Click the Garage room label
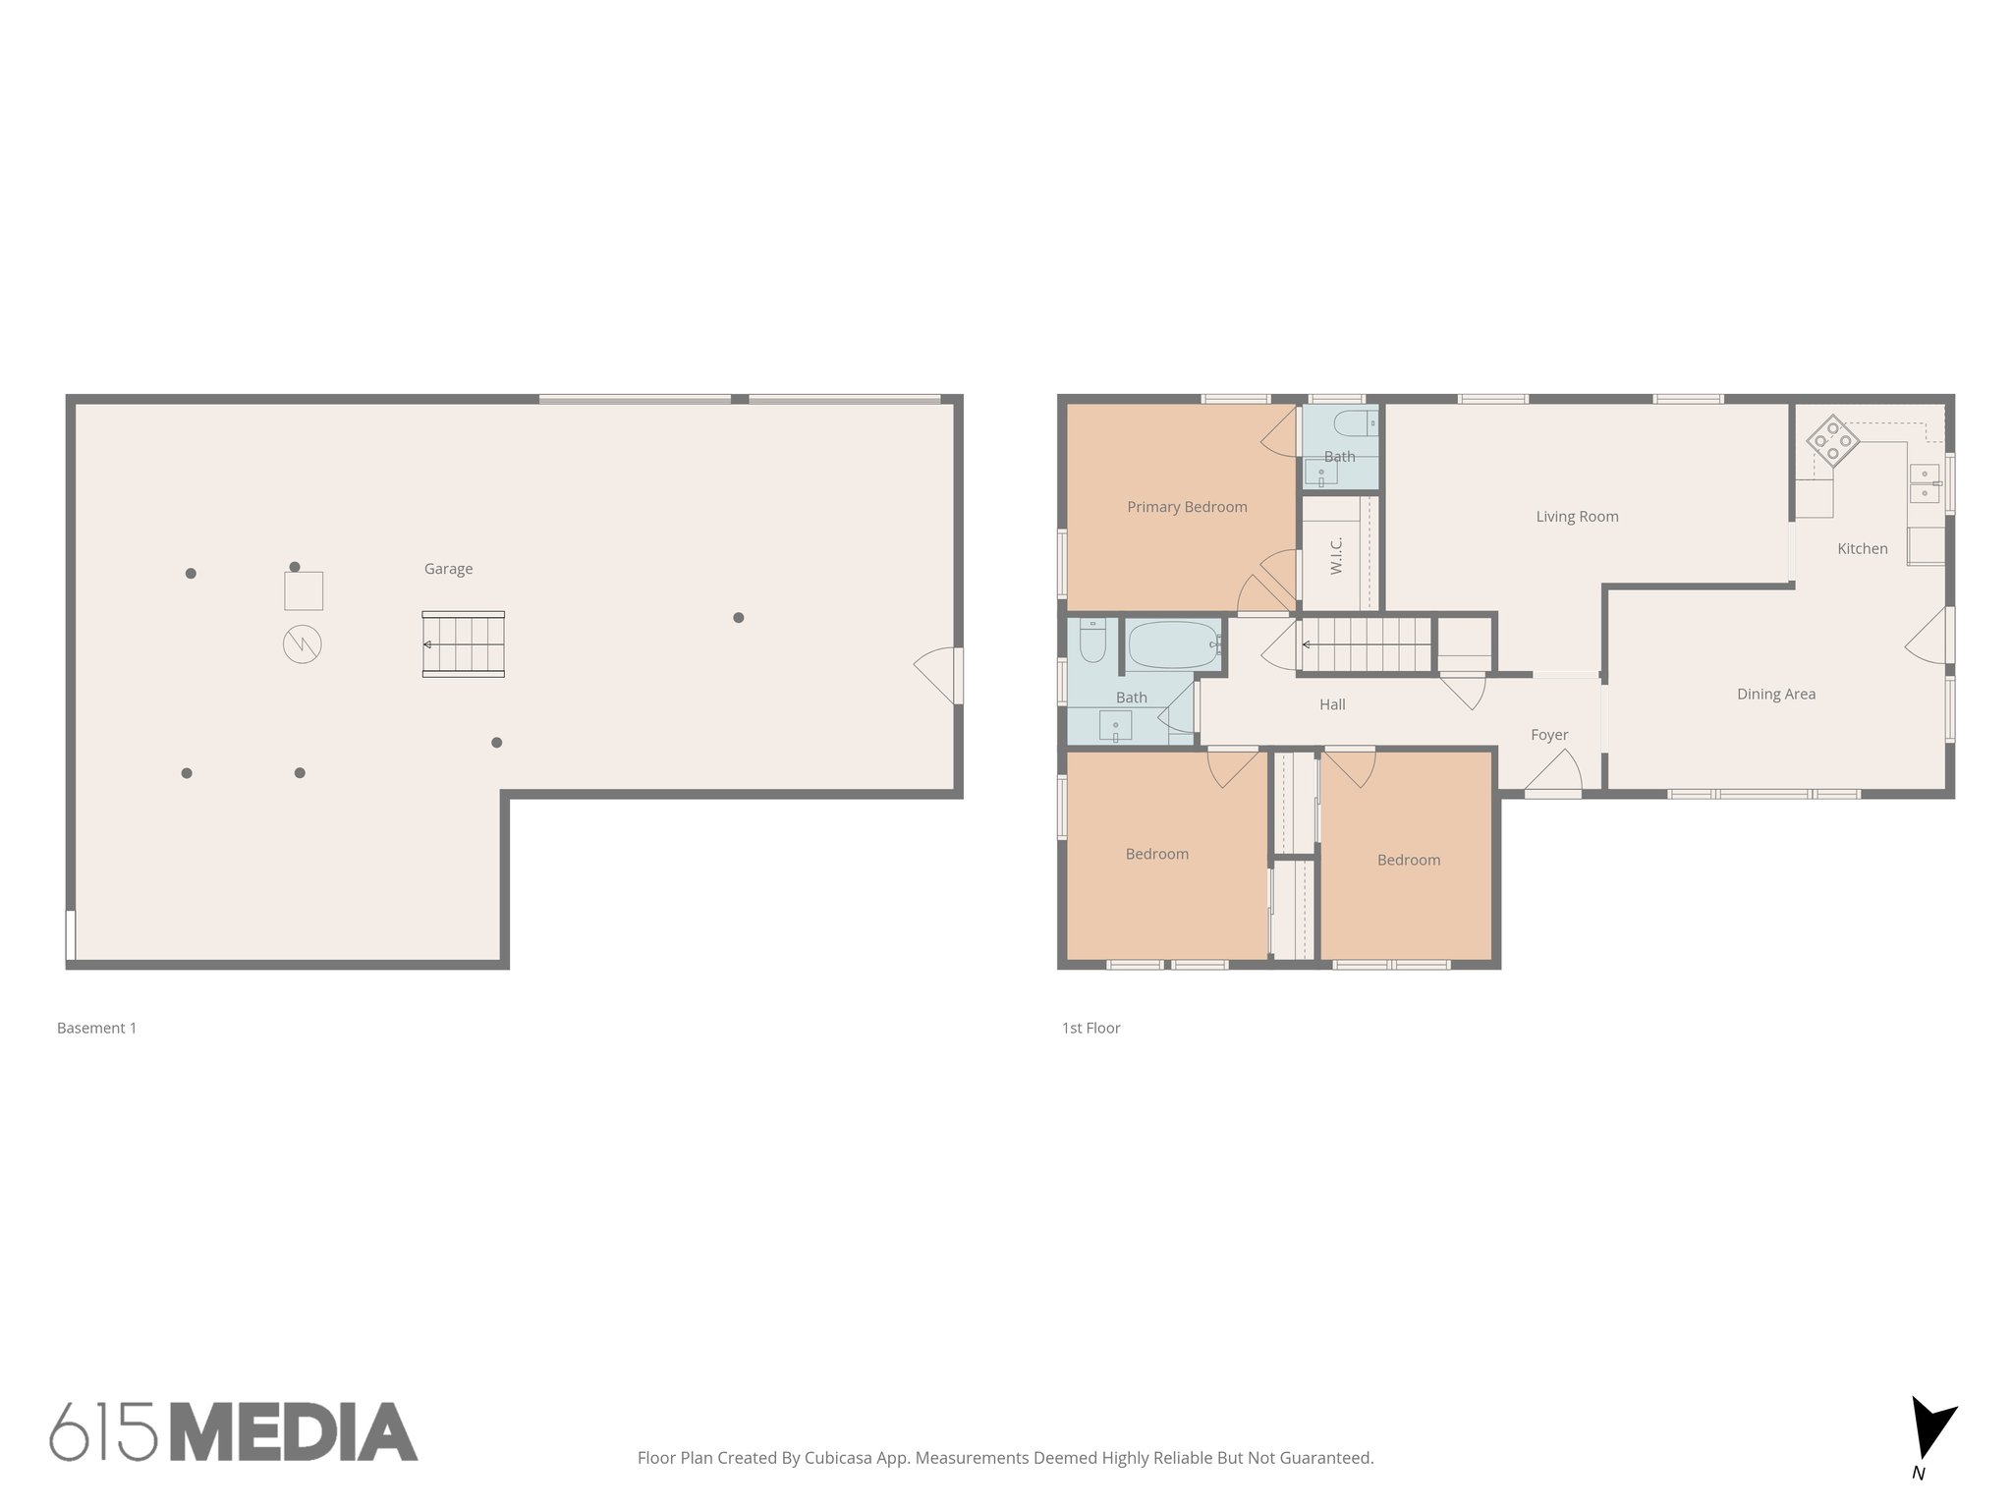448,569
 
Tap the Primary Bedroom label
1187,507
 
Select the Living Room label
1577,517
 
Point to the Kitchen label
1862,549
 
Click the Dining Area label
1775,695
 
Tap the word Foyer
1549,735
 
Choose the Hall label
1332,704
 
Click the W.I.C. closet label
1336,556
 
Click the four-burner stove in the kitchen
1832,440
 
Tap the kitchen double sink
1924,483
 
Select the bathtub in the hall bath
1172,645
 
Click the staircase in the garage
464,644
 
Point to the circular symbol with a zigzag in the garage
303,644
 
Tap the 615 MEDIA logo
234,1431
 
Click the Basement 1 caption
96,1028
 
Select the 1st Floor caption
1090,1028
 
